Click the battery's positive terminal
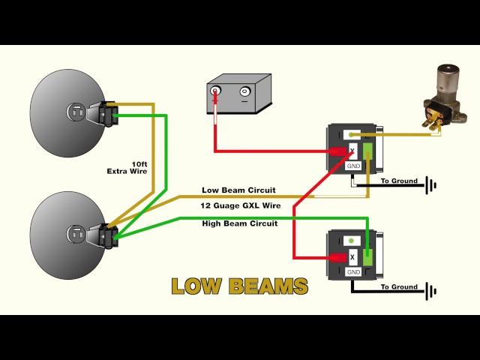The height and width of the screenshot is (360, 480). (x=217, y=92)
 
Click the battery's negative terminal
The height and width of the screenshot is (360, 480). (x=244, y=92)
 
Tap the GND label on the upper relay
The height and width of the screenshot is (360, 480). (x=353, y=165)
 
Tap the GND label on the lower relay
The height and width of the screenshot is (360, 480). (x=352, y=271)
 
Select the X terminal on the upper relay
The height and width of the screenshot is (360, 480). (x=352, y=151)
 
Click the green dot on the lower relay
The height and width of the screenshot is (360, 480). (x=352, y=241)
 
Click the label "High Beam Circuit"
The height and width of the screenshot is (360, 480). (x=239, y=223)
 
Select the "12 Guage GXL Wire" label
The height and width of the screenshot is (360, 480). (x=240, y=205)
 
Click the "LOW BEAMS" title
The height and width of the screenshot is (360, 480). (x=239, y=286)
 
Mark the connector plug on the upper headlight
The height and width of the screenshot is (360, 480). (x=103, y=114)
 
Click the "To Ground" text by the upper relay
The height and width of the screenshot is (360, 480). (x=399, y=181)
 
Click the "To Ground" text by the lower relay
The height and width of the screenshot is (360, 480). (x=399, y=286)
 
